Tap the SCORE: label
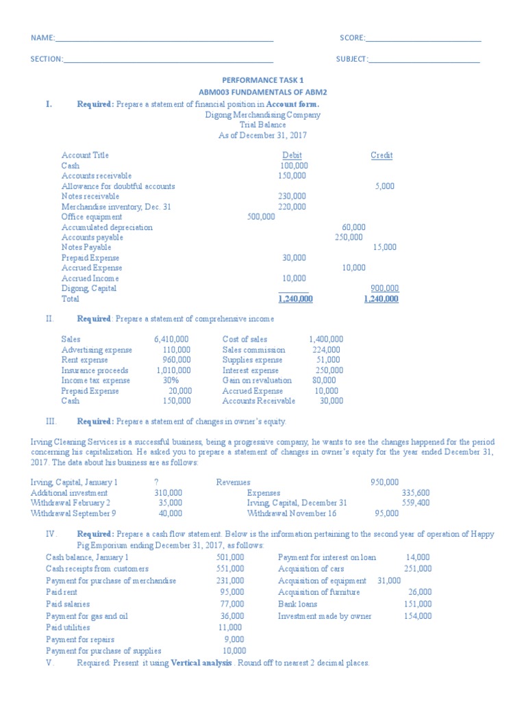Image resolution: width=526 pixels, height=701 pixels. coord(353,38)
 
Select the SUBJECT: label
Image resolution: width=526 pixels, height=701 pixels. coord(352,60)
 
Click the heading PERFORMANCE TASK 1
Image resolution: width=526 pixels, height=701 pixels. coord(262,80)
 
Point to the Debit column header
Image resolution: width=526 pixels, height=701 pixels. coord(292,155)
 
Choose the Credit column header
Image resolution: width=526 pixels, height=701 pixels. coord(381,155)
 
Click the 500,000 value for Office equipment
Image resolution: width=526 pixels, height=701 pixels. coord(260,217)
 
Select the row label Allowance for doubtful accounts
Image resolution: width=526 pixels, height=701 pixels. coord(118,186)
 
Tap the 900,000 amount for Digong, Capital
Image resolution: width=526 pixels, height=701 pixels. coord(384,288)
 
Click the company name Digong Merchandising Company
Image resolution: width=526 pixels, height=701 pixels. coord(262,115)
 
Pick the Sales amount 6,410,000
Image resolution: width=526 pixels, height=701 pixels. coord(172,340)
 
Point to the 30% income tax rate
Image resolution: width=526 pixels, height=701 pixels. coord(171,381)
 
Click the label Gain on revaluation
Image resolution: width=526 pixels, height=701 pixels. coord(257,381)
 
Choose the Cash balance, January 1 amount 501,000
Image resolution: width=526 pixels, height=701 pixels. coord(229,558)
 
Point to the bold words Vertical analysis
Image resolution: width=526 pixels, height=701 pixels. coord(201,663)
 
